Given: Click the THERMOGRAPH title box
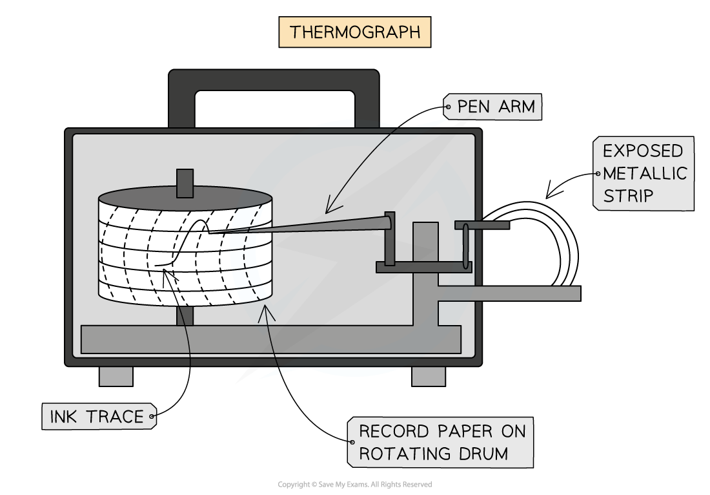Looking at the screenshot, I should [x=354, y=32].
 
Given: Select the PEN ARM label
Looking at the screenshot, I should [x=496, y=107].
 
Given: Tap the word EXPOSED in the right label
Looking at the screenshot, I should [x=642, y=151].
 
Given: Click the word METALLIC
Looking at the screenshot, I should [x=645, y=173].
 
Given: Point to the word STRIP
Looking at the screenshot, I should [x=629, y=196].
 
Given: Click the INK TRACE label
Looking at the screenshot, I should [x=97, y=417].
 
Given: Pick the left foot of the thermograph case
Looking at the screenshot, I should [x=116, y=376].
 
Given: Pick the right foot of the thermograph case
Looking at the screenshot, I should [x=429, y=376].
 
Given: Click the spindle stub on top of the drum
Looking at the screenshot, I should [x=185, y=182].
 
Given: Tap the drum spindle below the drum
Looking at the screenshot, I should [x=185, y=316].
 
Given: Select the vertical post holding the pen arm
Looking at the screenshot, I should [x=389, y=239].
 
